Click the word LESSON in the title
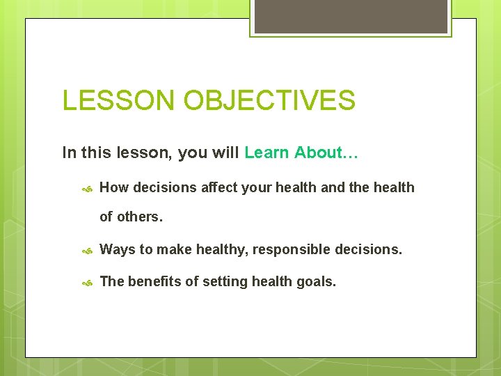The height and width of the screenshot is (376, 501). pos(119,100)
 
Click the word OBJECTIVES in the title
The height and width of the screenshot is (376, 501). pos(269,100)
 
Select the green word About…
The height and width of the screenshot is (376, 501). pos(326,152)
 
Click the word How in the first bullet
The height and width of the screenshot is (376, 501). pos(114,187)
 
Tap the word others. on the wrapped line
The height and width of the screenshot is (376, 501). pos(140,217)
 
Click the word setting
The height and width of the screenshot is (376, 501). pos(225,282)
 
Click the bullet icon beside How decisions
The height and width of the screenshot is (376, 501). pos(87,188)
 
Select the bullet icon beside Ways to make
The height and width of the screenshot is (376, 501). pos(87,250)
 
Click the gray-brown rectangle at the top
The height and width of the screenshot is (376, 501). pos(350,15)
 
